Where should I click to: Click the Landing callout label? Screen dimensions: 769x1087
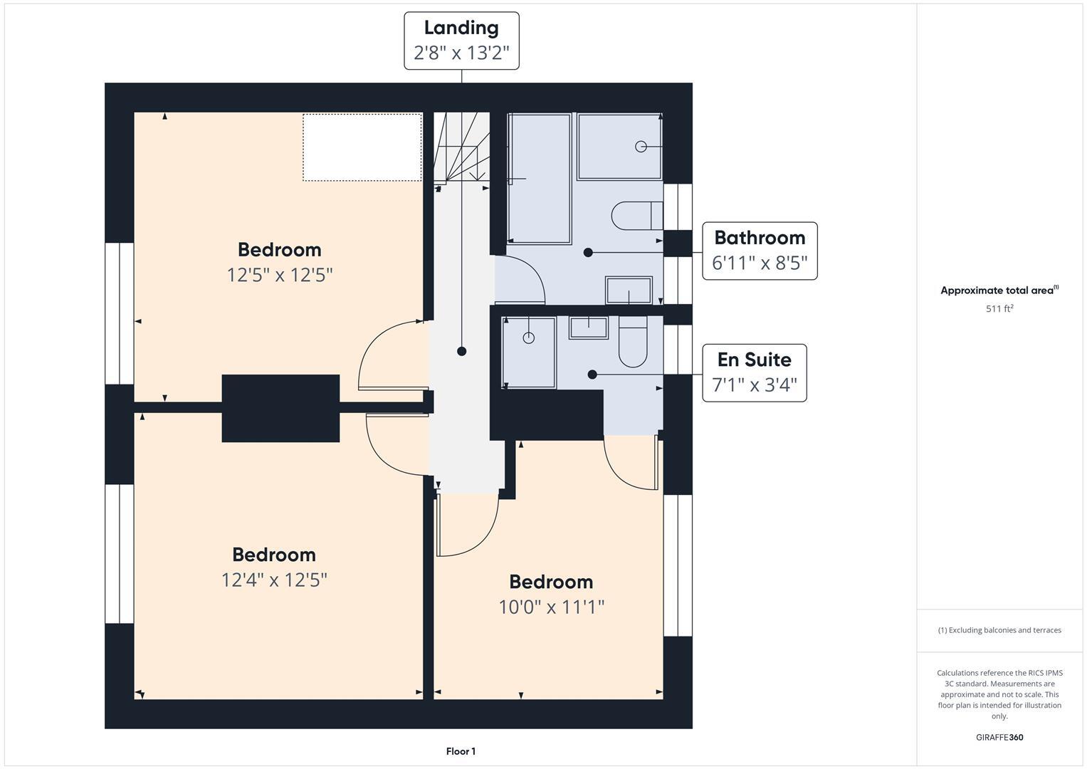point(461,28)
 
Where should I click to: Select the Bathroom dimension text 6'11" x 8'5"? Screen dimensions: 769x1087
point(760,263)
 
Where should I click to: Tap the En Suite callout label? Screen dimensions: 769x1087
point(754,360)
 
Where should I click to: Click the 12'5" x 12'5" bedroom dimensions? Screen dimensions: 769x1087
point(280,275)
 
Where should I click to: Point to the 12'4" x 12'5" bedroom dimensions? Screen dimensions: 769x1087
point(274,580)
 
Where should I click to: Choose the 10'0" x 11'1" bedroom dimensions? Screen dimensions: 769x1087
point(551,607)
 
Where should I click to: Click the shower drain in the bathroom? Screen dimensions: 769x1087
point(641,147)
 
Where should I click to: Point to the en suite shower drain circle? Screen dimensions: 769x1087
point(529,338)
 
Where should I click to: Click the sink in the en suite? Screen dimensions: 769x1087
point(588,328)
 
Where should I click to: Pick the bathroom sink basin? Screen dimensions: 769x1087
point(629,291)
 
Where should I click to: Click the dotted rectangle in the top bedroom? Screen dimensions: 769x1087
point(362,147)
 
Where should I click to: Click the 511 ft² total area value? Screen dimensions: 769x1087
point(999,309)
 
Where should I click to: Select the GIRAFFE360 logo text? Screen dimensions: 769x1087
point(999,737)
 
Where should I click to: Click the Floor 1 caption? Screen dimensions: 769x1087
point(461,751)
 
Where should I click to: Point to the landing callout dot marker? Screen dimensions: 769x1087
point(462,351)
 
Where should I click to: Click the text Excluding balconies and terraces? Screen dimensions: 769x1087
point(1004,630)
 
